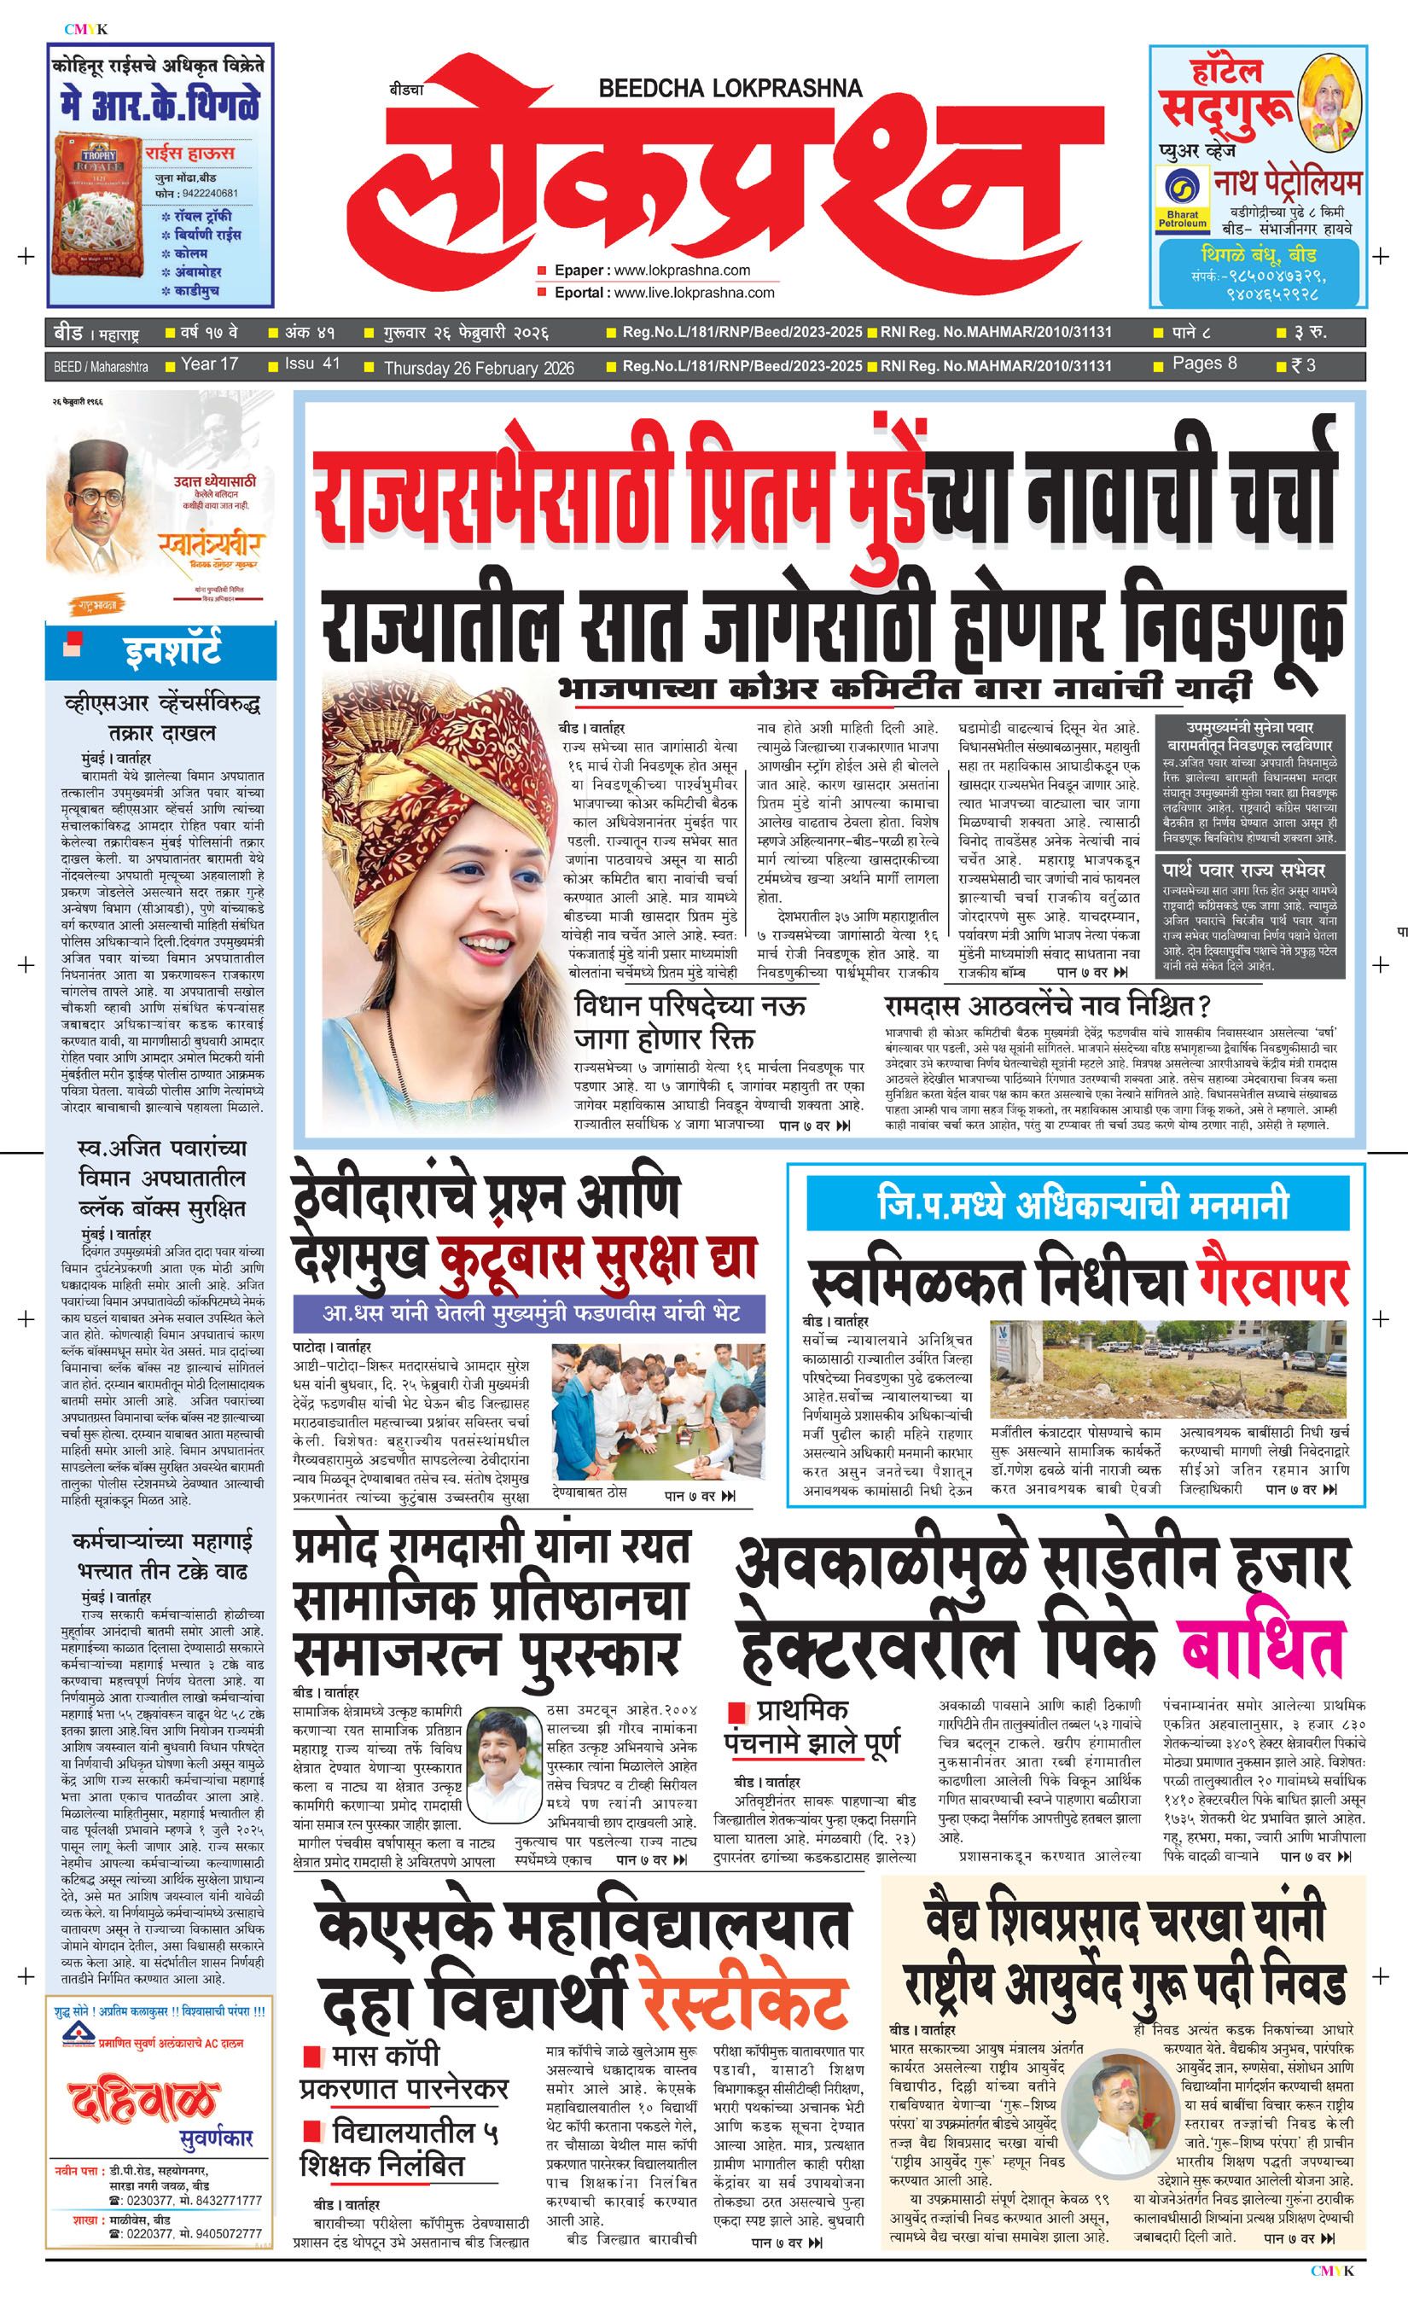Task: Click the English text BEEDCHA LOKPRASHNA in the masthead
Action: (x=730, y=89)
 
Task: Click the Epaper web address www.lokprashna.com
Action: (x=682, y=271)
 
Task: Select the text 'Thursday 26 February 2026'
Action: (x=479, y=369)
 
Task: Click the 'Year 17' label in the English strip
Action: (x=208, y=364)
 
